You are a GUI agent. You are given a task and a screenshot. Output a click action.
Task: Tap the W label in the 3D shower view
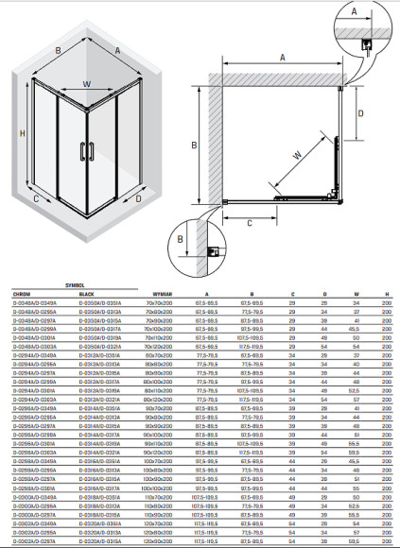[x=87, y=83]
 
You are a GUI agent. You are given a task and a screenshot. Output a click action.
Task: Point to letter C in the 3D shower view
[x=35, y=198]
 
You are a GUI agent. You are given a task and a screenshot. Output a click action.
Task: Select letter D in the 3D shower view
[x=138, y=199]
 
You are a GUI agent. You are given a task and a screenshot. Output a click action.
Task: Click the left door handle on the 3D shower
[x=81, y=149]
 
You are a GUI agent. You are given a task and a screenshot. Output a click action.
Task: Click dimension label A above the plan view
[x=282, y=57]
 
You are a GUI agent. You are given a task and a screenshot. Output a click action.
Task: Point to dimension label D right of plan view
[x=360, y=112]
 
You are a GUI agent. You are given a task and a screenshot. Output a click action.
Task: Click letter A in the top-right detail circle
[x=354, y=13]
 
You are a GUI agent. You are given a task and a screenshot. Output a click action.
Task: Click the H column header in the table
[x=387, y=294]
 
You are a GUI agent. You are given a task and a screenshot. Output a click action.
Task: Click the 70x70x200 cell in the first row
[x=156, y=302]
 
